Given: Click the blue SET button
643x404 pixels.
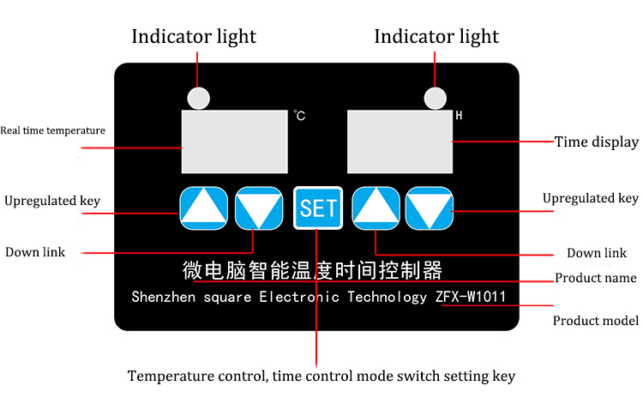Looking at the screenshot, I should click(318, 208).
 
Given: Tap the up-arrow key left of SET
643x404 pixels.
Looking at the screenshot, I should click(203, 208).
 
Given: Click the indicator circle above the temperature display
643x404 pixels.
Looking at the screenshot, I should click(199, 99).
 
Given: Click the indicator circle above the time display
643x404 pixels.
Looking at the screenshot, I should click(436, 99).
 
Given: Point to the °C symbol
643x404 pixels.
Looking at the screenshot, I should click(299, 115).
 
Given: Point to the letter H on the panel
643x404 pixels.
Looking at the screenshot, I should click(459, 115).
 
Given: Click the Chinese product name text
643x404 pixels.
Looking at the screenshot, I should click(314, 271).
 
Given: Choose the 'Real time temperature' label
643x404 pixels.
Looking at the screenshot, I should click(52, 131).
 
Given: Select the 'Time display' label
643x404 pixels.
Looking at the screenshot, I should click(596, 142).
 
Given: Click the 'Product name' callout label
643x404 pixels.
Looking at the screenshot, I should click(595, 278).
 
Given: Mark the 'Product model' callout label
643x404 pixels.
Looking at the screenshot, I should click(595, 321).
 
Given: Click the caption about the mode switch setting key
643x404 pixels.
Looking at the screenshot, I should click(321, 376).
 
